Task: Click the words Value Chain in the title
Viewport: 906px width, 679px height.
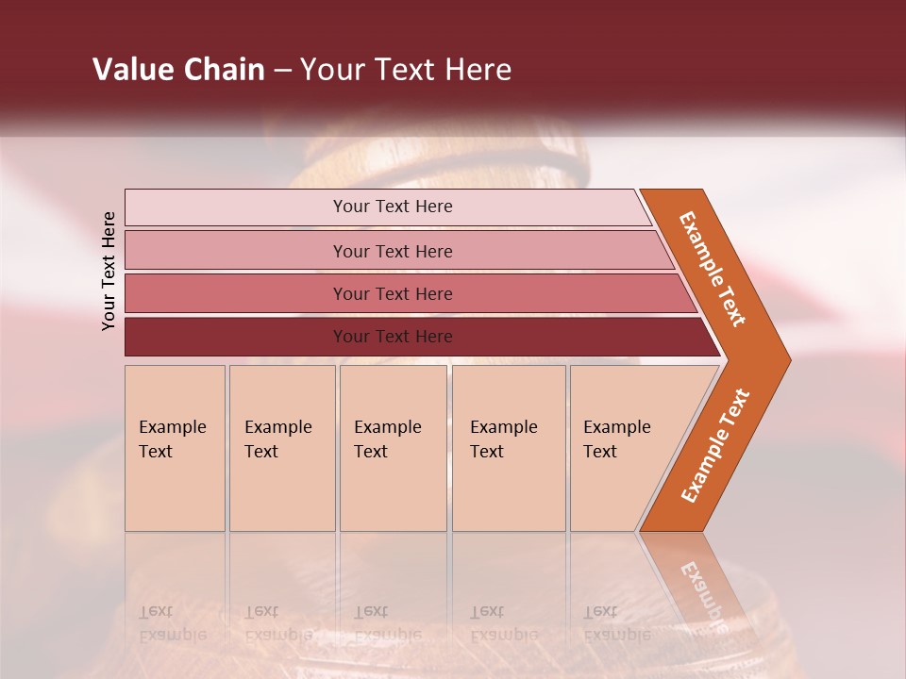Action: tap(178, 70)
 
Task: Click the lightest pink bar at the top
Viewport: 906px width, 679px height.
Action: tap(236, 207)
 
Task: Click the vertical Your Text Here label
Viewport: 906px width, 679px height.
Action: tap(109, 271)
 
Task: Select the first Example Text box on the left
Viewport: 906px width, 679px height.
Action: tap(175, 448)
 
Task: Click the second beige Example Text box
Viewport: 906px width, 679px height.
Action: tap(281, 448)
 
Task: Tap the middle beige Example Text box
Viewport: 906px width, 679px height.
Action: tap(393, 448)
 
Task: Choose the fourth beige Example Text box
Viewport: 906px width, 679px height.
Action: tap(508, 448)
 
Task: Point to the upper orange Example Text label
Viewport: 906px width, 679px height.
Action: tap(713, 269)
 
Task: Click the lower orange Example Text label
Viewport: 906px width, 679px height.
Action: tap(715, 445)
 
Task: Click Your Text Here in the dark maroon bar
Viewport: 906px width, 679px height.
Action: tap(393, 337)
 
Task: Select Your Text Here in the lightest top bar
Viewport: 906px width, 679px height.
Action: tap(393, 207)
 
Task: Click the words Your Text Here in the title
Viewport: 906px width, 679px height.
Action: tap(406, 70)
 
